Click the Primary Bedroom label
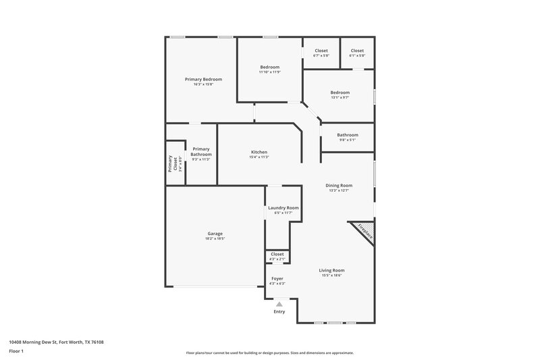(x=203, y=79)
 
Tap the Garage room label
(x=215, y=234)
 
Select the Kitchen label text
(x=259, y=152)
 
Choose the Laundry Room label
(x=283, y=208)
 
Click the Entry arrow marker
(x=279, y=304)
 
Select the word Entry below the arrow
(x=279, y=311)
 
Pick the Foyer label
(x=277, y=278)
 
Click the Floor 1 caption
(x=16, y=352)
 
